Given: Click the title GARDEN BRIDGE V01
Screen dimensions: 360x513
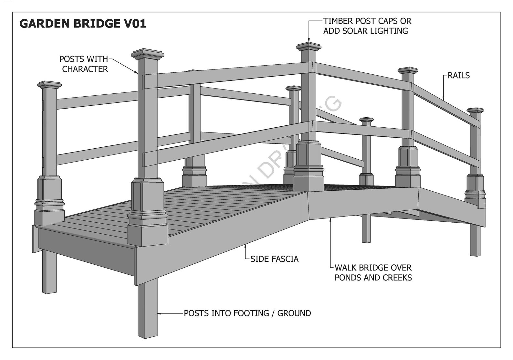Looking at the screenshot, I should [x=83, y=24].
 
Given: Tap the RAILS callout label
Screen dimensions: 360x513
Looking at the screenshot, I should [x=458, y=76].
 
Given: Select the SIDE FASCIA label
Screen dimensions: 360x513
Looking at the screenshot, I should [x=274, y=259].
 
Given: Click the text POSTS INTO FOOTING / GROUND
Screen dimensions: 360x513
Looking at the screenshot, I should [x=247, y=313].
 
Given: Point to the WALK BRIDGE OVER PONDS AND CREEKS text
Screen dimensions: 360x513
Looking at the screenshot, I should [x=373, y=272].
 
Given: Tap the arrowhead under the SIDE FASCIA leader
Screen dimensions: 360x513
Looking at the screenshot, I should [x=246, y=247].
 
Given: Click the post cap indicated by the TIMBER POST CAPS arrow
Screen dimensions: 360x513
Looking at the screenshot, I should [x=309, y=47].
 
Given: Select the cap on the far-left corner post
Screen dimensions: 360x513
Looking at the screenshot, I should [x=49, y=85].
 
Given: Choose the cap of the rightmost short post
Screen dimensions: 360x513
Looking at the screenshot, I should [x=475, y=111].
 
